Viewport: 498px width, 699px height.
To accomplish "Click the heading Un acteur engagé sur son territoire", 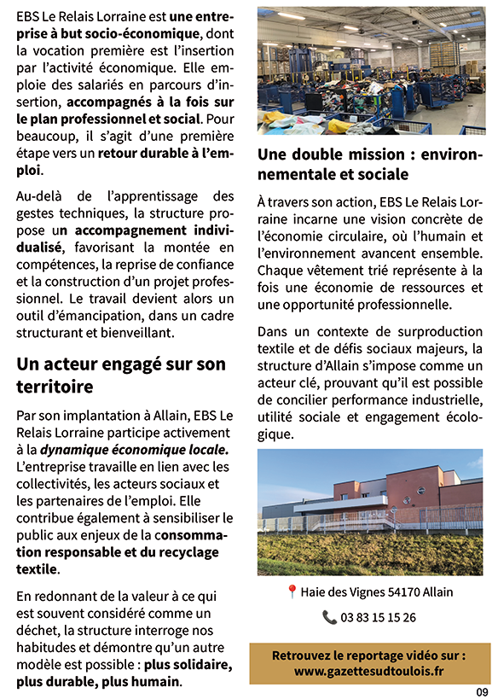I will pyautogui.click(x=121, y=376).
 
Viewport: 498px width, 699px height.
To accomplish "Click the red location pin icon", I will pyautogui.click(x=292, y=591).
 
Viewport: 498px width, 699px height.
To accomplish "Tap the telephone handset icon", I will pyautogui.click(x=329, y=617).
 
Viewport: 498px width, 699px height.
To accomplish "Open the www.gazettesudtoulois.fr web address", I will pyautogui.click(x=368, y=671).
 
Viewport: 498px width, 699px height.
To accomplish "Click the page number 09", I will pyautogui.click(x=482, y=691).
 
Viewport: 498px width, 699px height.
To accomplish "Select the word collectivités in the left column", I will pyautogui.click(x=54, y=483).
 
